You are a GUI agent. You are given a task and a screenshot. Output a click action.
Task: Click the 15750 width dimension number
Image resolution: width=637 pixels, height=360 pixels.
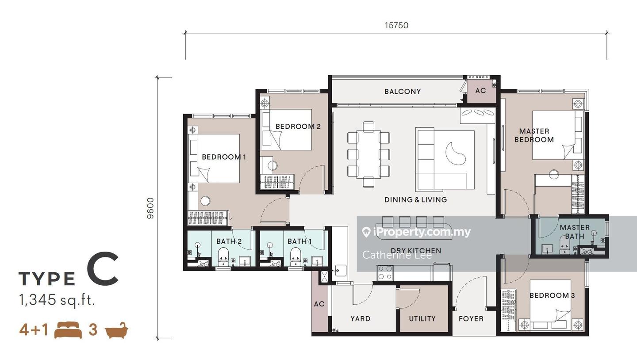coord(396,25)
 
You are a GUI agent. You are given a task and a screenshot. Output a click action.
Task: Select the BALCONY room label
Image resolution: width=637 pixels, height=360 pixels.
coord(403,92)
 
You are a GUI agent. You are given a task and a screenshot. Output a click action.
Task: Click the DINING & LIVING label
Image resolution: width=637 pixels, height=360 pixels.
coord(415,199)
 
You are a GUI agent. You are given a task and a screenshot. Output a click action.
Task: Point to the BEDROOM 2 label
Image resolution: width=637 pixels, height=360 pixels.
coord(298,126)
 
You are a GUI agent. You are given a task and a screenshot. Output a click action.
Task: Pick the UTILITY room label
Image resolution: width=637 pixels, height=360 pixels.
coord(422,318)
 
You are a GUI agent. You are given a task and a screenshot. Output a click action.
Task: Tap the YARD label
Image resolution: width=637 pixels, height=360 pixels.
coord(360,318)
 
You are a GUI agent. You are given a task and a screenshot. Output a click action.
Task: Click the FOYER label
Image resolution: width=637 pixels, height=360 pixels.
coord(471,319)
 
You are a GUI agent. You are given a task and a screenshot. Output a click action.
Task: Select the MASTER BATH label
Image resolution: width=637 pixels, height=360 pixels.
coord(575,232)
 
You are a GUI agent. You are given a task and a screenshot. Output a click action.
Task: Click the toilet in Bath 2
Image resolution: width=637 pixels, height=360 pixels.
coord(223,257)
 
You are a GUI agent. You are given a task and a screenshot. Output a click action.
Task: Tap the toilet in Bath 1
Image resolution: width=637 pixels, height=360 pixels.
coord(296,257)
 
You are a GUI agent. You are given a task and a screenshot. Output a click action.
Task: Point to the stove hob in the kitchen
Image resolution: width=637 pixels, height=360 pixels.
coord(385,272)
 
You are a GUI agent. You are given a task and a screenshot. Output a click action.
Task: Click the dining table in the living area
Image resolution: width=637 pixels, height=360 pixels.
coord(368,154)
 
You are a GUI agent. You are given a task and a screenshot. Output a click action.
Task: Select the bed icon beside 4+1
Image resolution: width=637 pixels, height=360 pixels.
coord(68,330)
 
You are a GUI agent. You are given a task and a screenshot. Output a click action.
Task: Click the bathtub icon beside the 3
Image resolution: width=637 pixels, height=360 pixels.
coord(117,330)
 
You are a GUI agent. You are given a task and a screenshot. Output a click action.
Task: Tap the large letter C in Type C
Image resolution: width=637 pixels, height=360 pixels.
coord(103,269)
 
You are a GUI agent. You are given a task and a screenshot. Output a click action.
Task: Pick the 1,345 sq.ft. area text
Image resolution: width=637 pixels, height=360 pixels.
coord(57,300)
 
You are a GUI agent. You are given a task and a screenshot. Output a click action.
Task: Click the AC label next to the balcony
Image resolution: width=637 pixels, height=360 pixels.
coord(480,91)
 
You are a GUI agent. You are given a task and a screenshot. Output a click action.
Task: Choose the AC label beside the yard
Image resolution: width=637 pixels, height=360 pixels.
coord(319,304)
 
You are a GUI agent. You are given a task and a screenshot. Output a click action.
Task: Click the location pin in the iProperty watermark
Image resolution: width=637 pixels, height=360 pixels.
coord(367,232)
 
